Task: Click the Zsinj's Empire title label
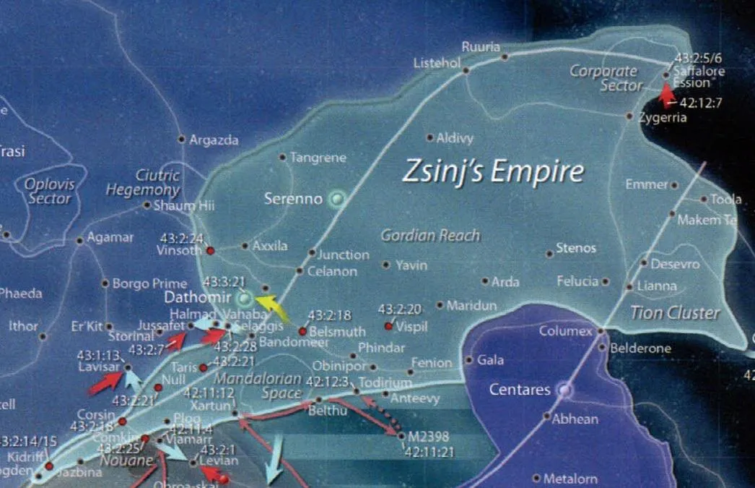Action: point(492,173)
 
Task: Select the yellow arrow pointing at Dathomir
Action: point(272,307)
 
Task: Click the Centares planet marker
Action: point(564,390)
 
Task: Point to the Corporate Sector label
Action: point(605,78)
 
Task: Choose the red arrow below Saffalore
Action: point(668,95)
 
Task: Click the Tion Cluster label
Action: point(675,313)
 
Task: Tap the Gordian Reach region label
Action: point(430,236)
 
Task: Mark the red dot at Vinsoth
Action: point(211,251)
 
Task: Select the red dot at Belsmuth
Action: point(303,332)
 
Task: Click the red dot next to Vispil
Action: point(388,327)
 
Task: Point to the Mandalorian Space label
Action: point(261,386)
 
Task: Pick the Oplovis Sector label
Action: point(50,191)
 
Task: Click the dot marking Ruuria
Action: point(505,57)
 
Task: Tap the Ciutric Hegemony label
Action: point(143,183)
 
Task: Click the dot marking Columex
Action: point(599,331)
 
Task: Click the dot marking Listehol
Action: point(466,71)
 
